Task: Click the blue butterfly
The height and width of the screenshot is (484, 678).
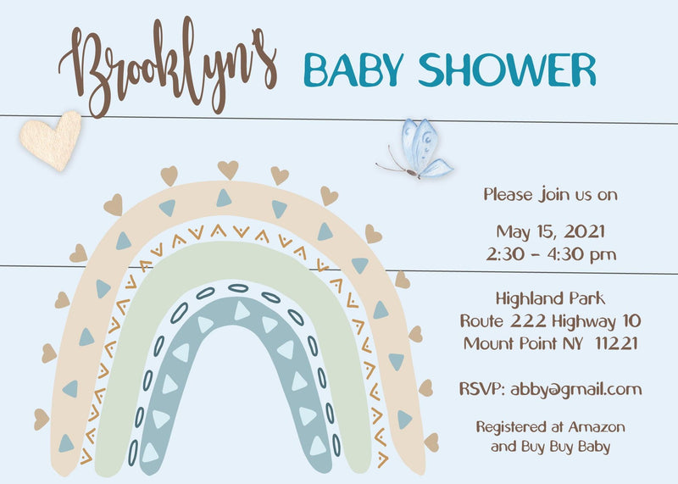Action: [x=422, y=148]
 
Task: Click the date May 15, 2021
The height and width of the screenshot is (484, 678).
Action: [x=550, y=231]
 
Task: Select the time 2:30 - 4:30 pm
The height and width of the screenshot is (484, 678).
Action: [x=550, y=253]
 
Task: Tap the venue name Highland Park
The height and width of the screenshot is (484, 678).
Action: [x=550, y=299]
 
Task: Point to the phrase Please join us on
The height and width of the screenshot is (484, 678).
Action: [x=550, y=194]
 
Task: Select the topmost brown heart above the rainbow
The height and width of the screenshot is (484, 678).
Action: [x=228, y=169]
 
